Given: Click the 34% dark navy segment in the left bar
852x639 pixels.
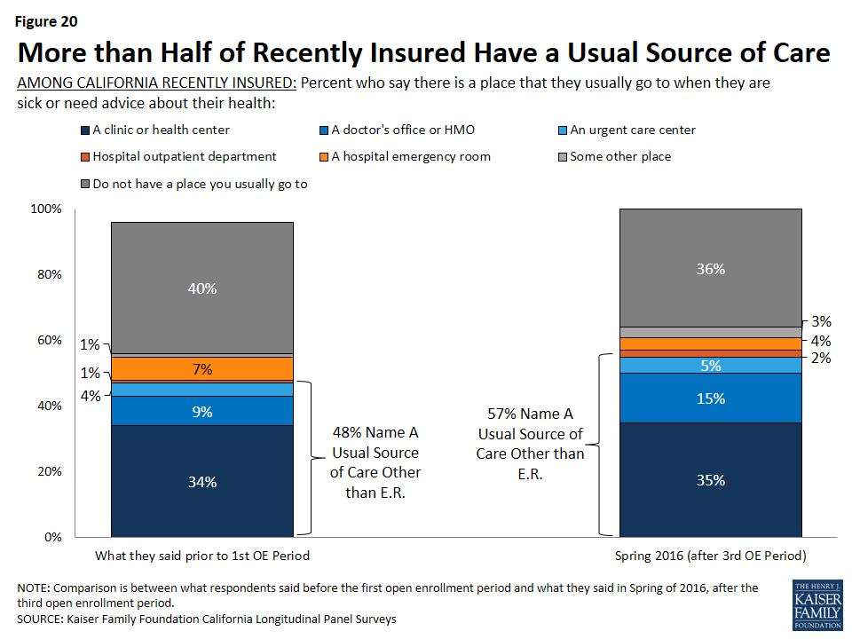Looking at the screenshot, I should coord(202,480).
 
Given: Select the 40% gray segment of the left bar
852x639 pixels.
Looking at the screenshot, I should coord(202,288).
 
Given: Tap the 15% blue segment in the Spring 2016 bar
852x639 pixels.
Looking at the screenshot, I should coord(710,398).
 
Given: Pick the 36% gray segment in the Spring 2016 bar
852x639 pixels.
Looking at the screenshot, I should coord(710,269).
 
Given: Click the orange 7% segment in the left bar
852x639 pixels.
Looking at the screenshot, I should coord(202,368).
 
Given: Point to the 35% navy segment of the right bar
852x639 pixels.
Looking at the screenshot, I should coord(710,479).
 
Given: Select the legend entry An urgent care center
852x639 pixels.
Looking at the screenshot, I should coord(632,130).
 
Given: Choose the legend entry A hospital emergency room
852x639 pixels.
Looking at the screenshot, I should coord(411,157).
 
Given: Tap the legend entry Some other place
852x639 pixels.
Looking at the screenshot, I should coord(619,157).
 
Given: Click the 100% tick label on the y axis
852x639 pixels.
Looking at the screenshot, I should coord(46,209).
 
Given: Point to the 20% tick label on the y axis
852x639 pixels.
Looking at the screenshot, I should coord(49,471).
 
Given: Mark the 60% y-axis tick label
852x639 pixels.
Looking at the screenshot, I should coord(49,340).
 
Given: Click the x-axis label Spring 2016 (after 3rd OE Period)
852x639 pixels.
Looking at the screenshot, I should coord(710,556).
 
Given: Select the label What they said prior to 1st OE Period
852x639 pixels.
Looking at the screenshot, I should coord(202,556).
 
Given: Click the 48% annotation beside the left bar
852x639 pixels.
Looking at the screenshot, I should coord(375,461).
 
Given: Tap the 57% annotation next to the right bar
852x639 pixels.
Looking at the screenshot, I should coord(531,444).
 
